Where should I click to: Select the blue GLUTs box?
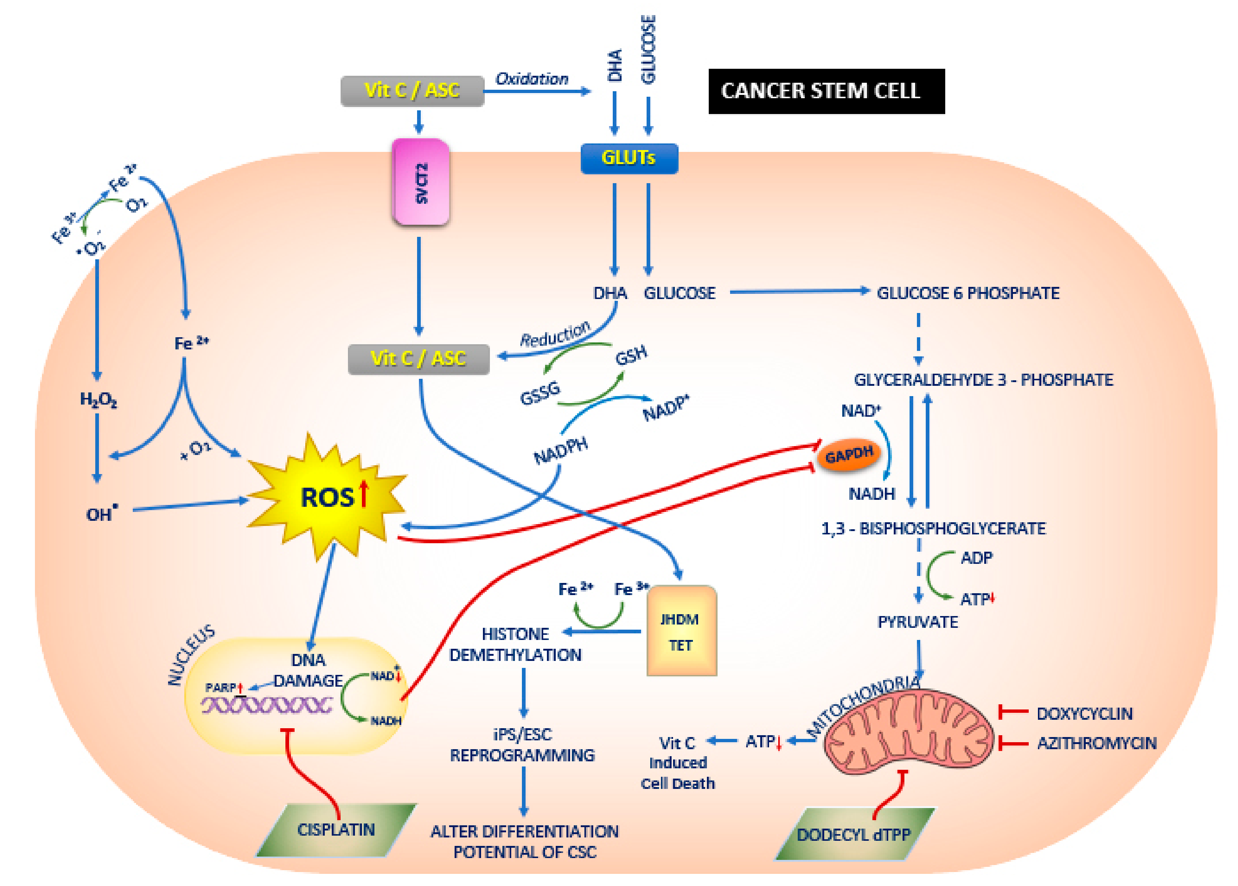coord(629,158)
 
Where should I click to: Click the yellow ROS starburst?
coord(327,497)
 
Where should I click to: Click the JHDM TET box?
coord(681,631)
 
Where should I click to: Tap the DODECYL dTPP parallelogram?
coord(854,834)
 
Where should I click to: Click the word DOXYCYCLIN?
coord(1084,713)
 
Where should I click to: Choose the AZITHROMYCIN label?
coord(1096,743)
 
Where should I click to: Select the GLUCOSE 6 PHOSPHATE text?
coord(967,293)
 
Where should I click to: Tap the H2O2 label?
coord(98,400)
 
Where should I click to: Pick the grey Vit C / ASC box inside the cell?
coord(419,359)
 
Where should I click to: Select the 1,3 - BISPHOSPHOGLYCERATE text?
coord(933,528)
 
